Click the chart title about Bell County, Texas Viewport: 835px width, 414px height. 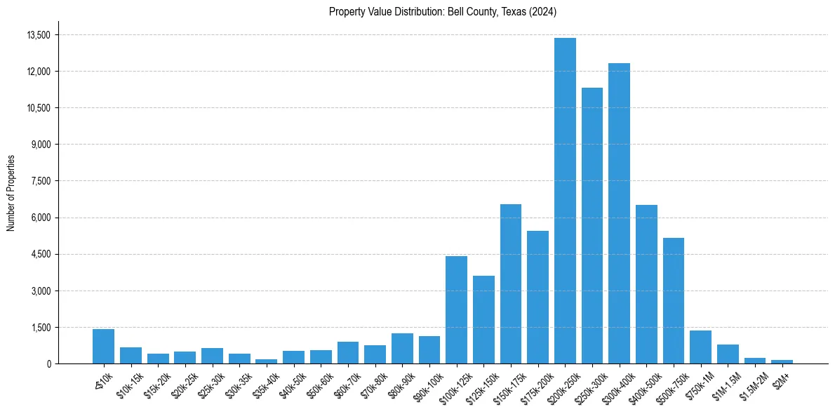click(442, 12)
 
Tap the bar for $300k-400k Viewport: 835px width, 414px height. click(619, 213)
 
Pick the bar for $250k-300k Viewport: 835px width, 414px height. click(592, 225)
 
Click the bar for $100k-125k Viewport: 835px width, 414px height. click(456, 309)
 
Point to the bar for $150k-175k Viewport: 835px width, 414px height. click(511, 283)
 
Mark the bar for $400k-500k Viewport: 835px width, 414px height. click(646, 284)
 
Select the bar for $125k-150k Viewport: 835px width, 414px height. click(483, 319)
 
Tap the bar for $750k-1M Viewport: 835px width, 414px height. click(700, 347)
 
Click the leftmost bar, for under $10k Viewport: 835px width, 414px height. click(103, 346)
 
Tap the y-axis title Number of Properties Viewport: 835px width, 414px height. click(11, 192)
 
